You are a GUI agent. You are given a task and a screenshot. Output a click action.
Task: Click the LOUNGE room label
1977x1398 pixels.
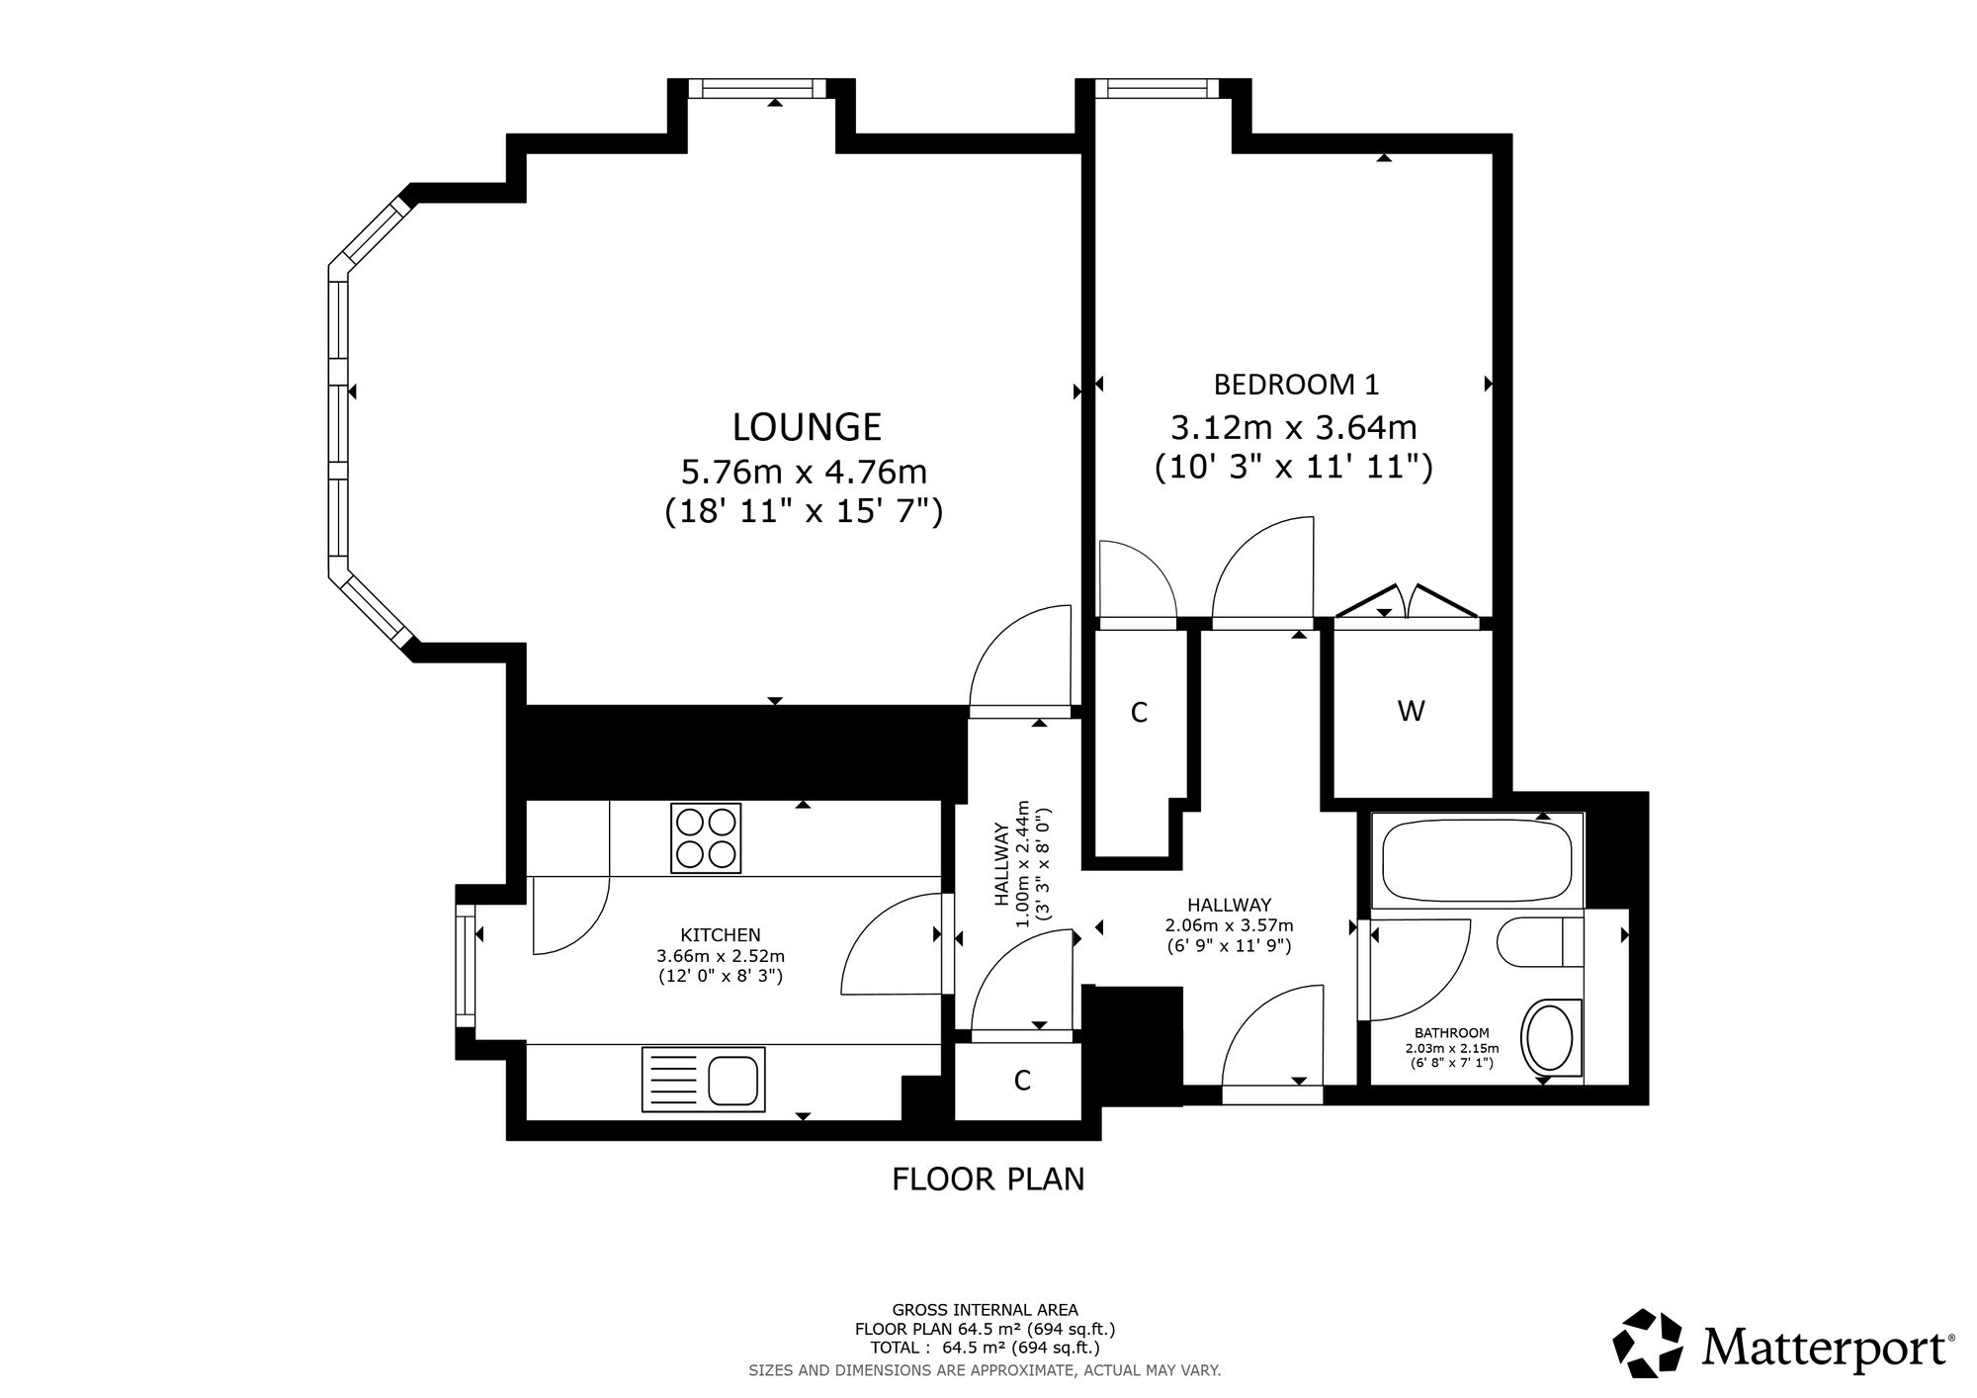coord(807,427)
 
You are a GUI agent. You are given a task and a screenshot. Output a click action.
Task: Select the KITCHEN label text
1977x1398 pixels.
coord(721,934)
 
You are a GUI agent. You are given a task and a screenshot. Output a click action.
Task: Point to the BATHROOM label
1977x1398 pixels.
coord(1451,1033)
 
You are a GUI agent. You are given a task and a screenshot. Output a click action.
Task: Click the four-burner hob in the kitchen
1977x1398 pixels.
coord(706,838)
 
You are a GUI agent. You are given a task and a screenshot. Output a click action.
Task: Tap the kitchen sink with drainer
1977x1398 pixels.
coord(704,1079)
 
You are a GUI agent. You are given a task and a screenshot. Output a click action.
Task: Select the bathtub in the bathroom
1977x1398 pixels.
coord(1477,858)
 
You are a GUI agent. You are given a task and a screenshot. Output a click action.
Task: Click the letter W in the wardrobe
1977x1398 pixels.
coord(1411,711)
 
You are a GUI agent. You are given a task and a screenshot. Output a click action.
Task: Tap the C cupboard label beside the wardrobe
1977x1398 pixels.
coord(1139,712)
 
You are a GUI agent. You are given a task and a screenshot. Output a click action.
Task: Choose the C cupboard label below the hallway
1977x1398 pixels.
coord(1022,1081)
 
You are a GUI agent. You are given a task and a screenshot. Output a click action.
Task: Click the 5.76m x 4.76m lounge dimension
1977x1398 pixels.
coord(805,472)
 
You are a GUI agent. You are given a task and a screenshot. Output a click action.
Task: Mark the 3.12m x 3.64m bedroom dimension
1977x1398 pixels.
coord(1294,428)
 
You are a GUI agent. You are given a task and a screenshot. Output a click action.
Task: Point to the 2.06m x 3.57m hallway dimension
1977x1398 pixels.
coord(1229,925)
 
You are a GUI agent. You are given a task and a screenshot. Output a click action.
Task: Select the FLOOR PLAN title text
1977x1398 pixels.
coord(988,1180)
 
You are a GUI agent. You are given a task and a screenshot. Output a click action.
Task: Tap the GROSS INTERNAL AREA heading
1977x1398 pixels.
coord(985,1311)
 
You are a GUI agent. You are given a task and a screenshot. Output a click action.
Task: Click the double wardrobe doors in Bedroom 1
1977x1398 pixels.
coord(1407,602)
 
